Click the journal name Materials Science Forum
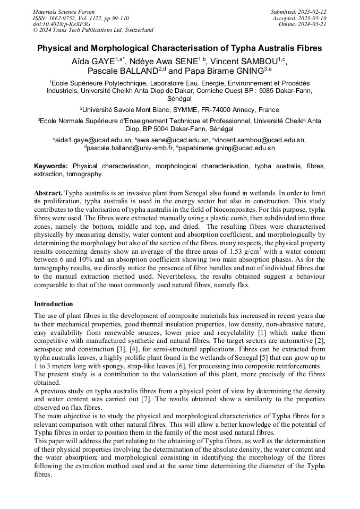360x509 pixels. [x=64, y=11]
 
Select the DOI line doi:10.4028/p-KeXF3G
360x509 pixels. [x=62, y=24]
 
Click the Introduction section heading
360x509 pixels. [x=54, y=304]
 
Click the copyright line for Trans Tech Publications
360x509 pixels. [x=93, y=30]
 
